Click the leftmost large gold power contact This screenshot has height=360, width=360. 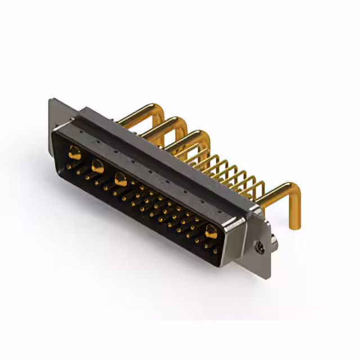pos(74,152)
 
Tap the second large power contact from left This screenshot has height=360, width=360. pos(97,165)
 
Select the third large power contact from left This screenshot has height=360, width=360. pos(120,179)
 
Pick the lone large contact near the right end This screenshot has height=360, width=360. pos(211,231)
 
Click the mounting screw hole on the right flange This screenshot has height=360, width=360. pos(260,246)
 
